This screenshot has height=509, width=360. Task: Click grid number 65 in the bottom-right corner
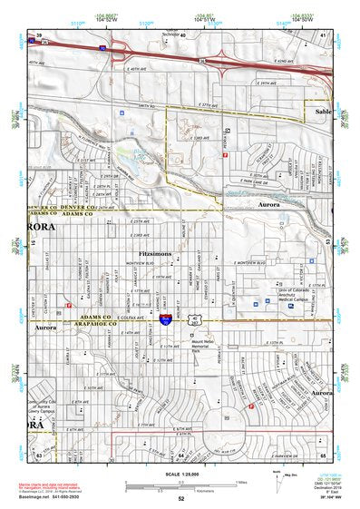click(x=323, y=452)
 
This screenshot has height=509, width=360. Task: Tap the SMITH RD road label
click(x=141, y=106)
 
